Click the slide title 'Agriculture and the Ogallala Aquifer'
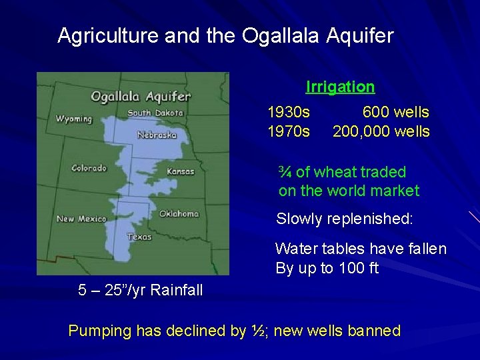[225, 35]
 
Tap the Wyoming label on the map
[74, 119]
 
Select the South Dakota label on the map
[155, 113]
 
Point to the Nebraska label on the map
[157, 135]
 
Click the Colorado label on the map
[89, 168]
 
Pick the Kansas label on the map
[180, 171]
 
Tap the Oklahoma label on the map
[179, 214]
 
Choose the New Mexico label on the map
[81, 219]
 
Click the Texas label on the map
[139, 237]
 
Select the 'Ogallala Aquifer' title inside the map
[141, 97]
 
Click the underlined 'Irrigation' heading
[340, 87]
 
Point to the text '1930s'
[288, 112]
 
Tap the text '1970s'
[288, 131]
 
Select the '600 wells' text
[395, 112]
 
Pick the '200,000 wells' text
[381, 131]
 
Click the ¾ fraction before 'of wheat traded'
[285, 172]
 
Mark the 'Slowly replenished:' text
[345, 218]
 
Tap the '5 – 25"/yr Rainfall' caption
[141, 290]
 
